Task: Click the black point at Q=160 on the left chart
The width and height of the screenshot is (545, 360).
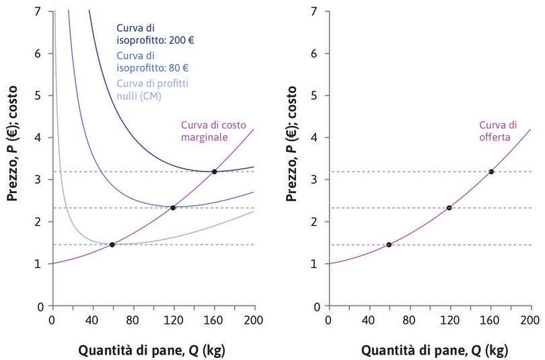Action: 215,172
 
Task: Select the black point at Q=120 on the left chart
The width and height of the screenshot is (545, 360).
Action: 173,207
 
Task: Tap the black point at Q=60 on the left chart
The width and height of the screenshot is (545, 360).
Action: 112,244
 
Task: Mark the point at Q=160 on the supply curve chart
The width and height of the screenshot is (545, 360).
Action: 491,172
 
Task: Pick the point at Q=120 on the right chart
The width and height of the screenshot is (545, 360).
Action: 449,207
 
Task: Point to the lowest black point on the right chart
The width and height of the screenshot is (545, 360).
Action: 389,244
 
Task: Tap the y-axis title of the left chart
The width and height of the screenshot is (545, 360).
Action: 13,157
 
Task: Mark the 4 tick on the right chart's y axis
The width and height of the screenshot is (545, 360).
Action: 314,138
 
